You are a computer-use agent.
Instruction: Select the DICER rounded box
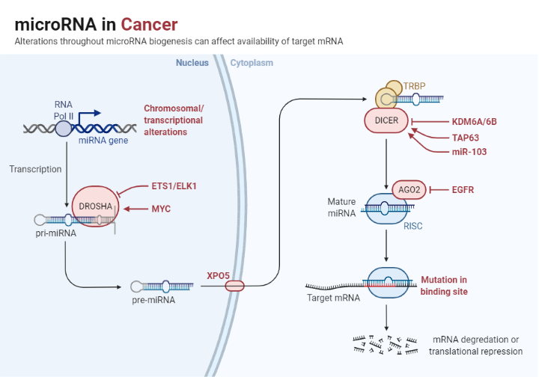pos(386,120)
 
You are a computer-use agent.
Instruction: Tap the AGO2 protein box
pos(409,190)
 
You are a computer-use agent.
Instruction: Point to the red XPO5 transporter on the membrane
pos(234,285)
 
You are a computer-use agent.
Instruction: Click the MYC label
pos(161,208)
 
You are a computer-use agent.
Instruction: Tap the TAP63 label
pos(465,137)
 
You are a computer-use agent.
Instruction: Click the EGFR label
pos(463,190)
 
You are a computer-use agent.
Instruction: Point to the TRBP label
pos(414,86)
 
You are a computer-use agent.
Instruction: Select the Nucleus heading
pos(192,63)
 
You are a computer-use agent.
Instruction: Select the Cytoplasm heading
pos(252,63)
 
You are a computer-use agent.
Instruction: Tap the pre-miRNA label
pos(153,300)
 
